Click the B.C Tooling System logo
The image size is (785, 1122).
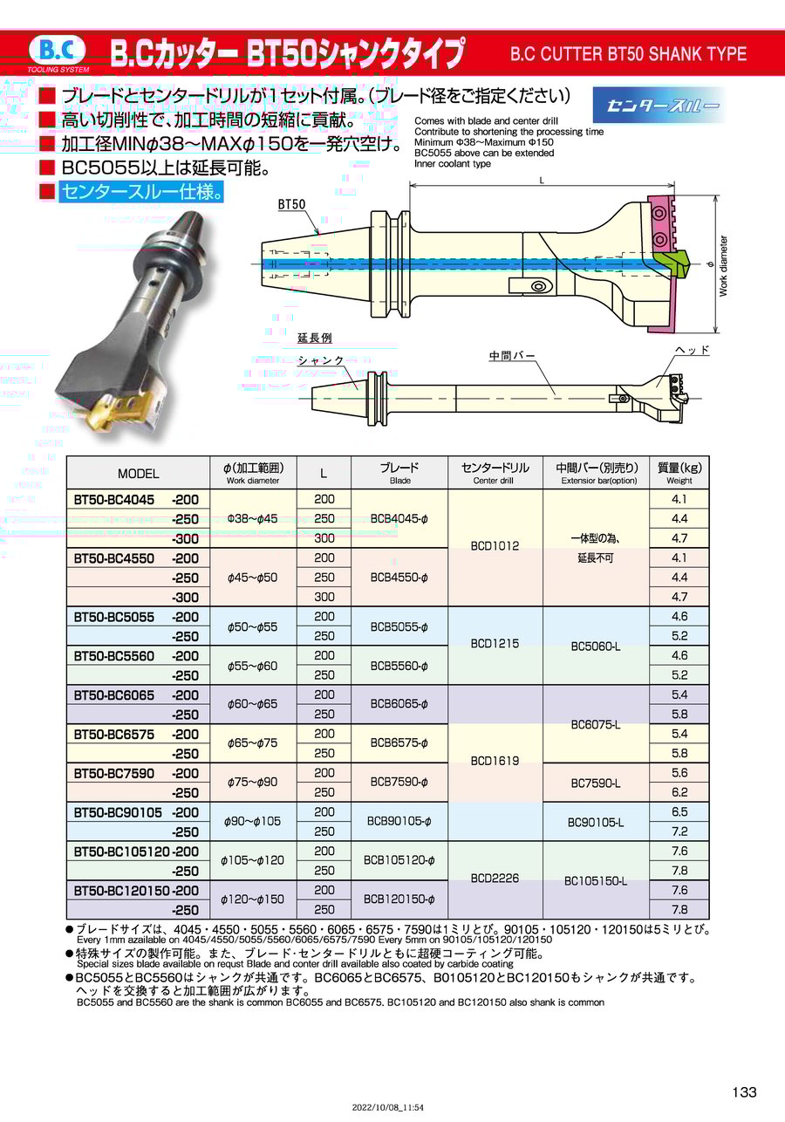click(x=58, y=53)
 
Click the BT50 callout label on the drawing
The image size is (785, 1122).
click(x=291, y=204)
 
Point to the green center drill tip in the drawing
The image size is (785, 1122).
click(x=672, y=263)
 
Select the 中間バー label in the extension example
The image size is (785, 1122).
click(x=512, y=356)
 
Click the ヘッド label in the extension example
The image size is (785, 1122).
click(x=693, y=350)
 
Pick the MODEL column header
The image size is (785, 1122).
click(x=138, y=474)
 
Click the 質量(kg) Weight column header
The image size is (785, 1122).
click(x=679, y=472)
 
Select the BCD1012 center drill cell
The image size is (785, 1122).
click(x=495, y=546)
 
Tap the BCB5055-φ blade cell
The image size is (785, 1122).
click(x=399, y=626)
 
